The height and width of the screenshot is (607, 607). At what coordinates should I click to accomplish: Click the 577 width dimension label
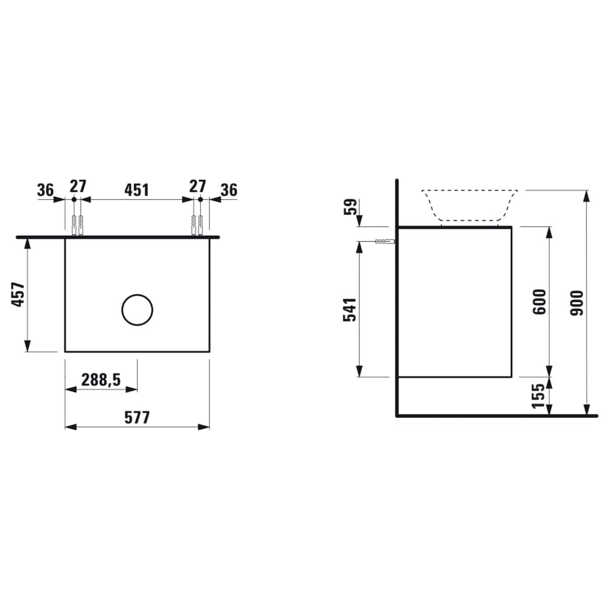137,418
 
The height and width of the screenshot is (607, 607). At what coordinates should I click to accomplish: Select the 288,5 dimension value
101,380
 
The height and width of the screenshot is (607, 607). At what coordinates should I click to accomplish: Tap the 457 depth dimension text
18,294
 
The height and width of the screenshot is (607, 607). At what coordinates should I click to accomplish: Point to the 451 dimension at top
137,190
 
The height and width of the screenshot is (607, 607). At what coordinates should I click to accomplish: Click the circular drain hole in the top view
137,310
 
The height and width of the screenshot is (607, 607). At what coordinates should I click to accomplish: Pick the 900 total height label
577,303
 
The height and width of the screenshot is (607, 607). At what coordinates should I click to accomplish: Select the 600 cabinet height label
539,302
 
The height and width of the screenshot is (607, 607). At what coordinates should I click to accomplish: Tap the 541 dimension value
349,309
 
